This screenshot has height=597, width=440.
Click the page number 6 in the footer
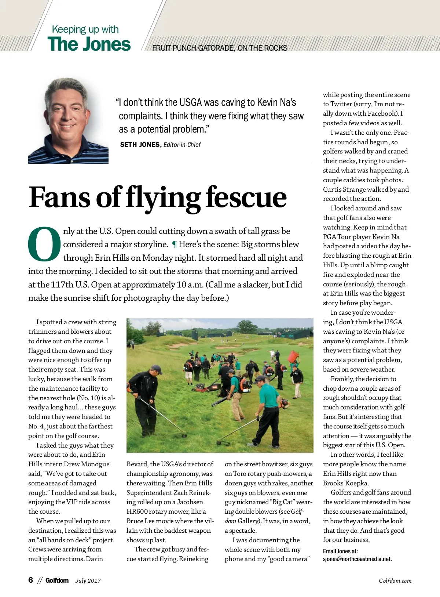coord(31,580)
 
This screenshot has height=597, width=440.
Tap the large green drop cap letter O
coord(44,245)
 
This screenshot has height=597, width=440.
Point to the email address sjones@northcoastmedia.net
coord(357,559)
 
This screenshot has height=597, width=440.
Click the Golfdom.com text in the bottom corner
coord(395,580)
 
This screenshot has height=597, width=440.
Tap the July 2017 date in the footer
coord(88,580)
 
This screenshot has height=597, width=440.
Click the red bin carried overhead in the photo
coord(293,356)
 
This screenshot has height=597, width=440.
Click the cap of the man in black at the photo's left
coord(156,368)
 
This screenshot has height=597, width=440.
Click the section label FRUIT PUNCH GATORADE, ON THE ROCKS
coord(220,48)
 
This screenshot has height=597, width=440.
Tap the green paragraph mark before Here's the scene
coord(175,245)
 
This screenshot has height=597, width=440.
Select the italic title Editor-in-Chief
coord(182,145)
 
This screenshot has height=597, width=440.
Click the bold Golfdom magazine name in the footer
coord(57,580)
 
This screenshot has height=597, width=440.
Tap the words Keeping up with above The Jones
coord(85,29)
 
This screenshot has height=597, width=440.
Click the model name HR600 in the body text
coord(137,511)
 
